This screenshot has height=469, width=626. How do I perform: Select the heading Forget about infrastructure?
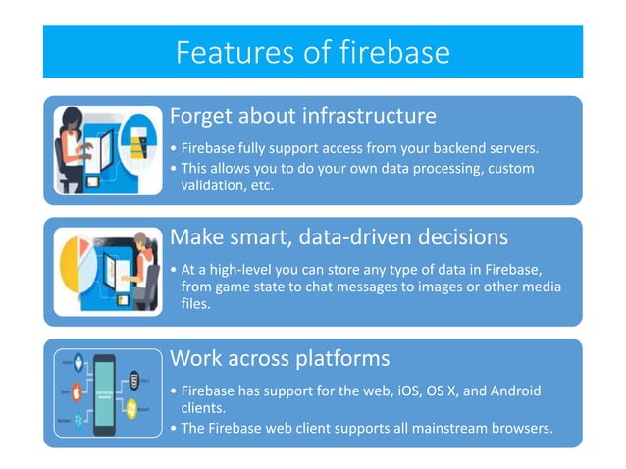click(x=302, y=116)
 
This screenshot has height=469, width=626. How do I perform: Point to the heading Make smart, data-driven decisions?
click(x=339, y=237)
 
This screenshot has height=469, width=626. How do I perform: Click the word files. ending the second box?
click(x=196, y=304)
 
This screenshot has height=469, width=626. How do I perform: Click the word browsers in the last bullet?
click(x=517, y=427)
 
